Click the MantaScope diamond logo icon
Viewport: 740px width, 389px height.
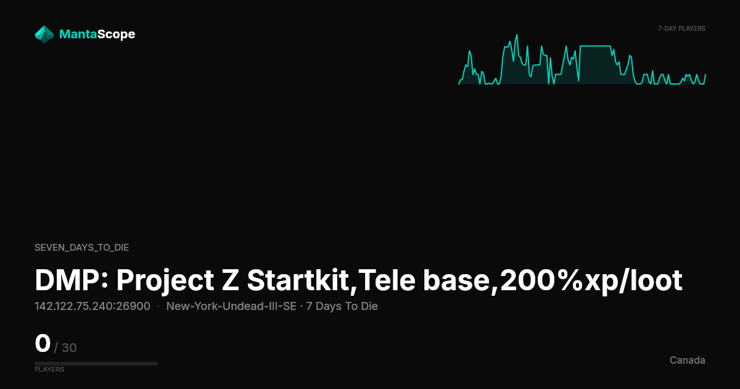44,35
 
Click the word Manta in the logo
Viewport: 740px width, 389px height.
78,34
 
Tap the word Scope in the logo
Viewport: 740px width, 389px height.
117,35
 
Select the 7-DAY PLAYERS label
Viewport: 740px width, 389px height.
681,29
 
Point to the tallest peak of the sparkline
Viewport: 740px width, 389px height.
517,35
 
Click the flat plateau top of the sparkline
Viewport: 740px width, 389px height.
595,46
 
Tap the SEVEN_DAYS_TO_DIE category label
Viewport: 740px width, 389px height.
81,248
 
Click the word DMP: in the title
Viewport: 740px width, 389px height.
72,280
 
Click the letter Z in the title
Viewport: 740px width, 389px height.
231,280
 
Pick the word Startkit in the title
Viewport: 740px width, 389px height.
298,280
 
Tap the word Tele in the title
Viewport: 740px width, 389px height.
387,280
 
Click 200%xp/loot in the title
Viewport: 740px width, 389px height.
591,280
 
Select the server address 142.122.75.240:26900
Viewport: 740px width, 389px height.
92,306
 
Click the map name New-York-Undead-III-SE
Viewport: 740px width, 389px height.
231,306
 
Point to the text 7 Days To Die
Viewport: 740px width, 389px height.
342,306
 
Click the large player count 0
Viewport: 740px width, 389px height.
43,343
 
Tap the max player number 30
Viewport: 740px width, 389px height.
69,348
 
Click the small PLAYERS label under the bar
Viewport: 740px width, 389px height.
49,369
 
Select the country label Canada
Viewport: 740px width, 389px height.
688,360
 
